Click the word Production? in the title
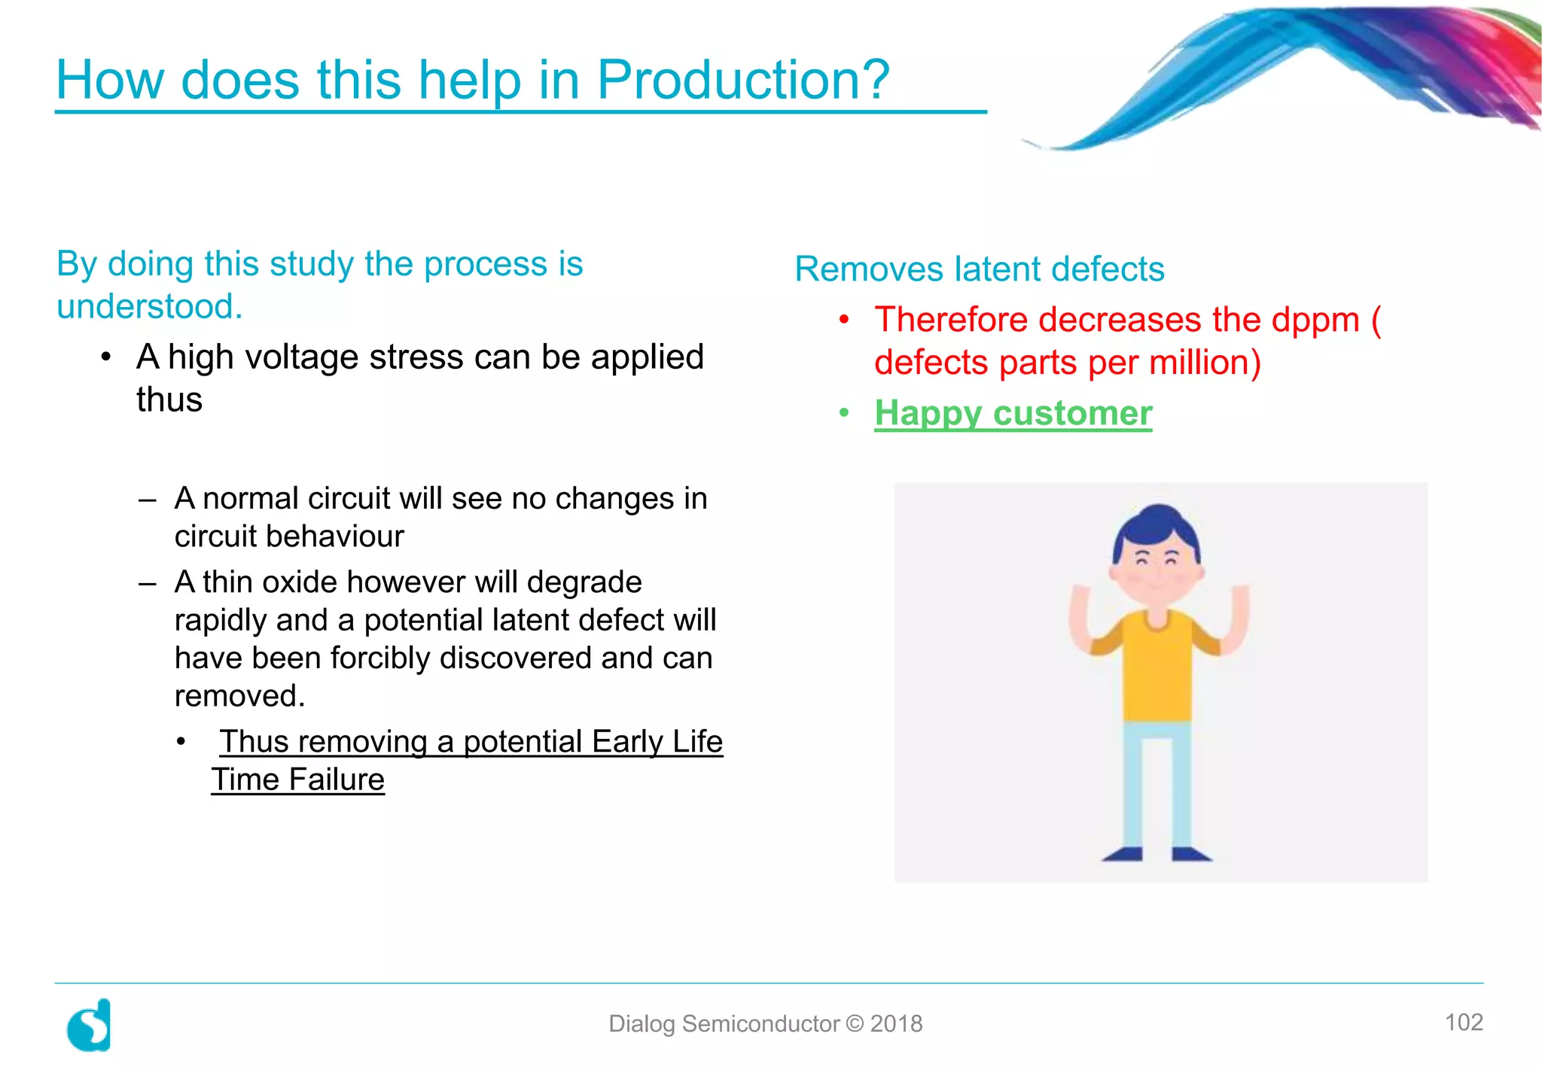pyautogui.click(x=742, y=80)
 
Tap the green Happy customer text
pyautogui.click(x=1013, y=413)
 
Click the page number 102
pyautogui.click(x=1463, y=1022)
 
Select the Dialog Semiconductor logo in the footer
pyautogui.click(x=90, y=1026)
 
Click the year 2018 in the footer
pyautogui.click(x=896, y=1024)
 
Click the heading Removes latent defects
pyautogui.click(x=979, y=269)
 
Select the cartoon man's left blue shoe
pyautogui.click(x=1123, y=853)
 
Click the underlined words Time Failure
pyautogui.click(x=298, y=780)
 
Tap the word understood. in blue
pyautogui.click(x=150, y=307)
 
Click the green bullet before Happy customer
pyautogui.click(x=844, y=413)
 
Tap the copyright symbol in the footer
pyautogui.click(x=855, y=1024)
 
